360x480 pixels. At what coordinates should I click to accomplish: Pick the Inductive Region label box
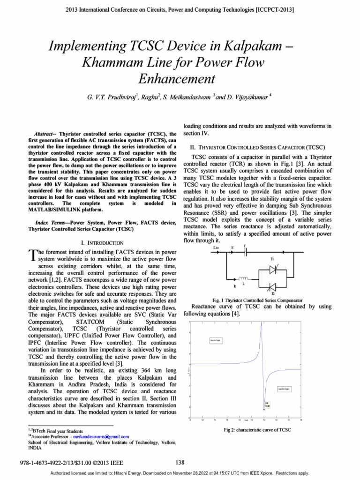tap(216, 339)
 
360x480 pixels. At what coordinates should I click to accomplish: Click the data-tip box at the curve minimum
tap(266, 405)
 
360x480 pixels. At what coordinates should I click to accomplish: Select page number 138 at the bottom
tap(180, 463)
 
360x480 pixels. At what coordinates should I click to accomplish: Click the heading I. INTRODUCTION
tap(102, 243)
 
